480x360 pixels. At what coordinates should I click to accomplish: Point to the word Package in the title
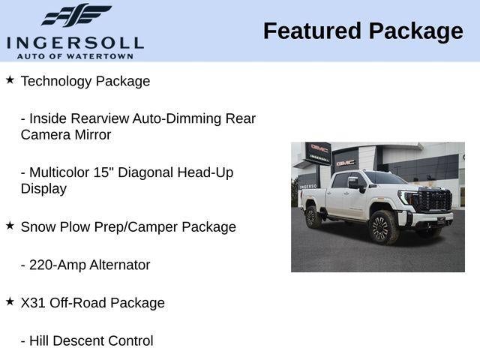pyautogui.click(x=415, y=31)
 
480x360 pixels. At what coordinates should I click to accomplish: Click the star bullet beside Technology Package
pyautogui.click(x=10, y=79)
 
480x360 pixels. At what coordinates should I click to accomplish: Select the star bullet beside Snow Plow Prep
pyautogui.click(x=10, y=225)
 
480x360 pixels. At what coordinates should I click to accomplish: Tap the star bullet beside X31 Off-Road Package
pyautogui.click(x=10, y=301)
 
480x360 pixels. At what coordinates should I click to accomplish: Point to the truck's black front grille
pyautogui.click(x=433, y=200)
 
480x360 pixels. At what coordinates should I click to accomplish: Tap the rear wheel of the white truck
pyautogui.click(x=313, y=217)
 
